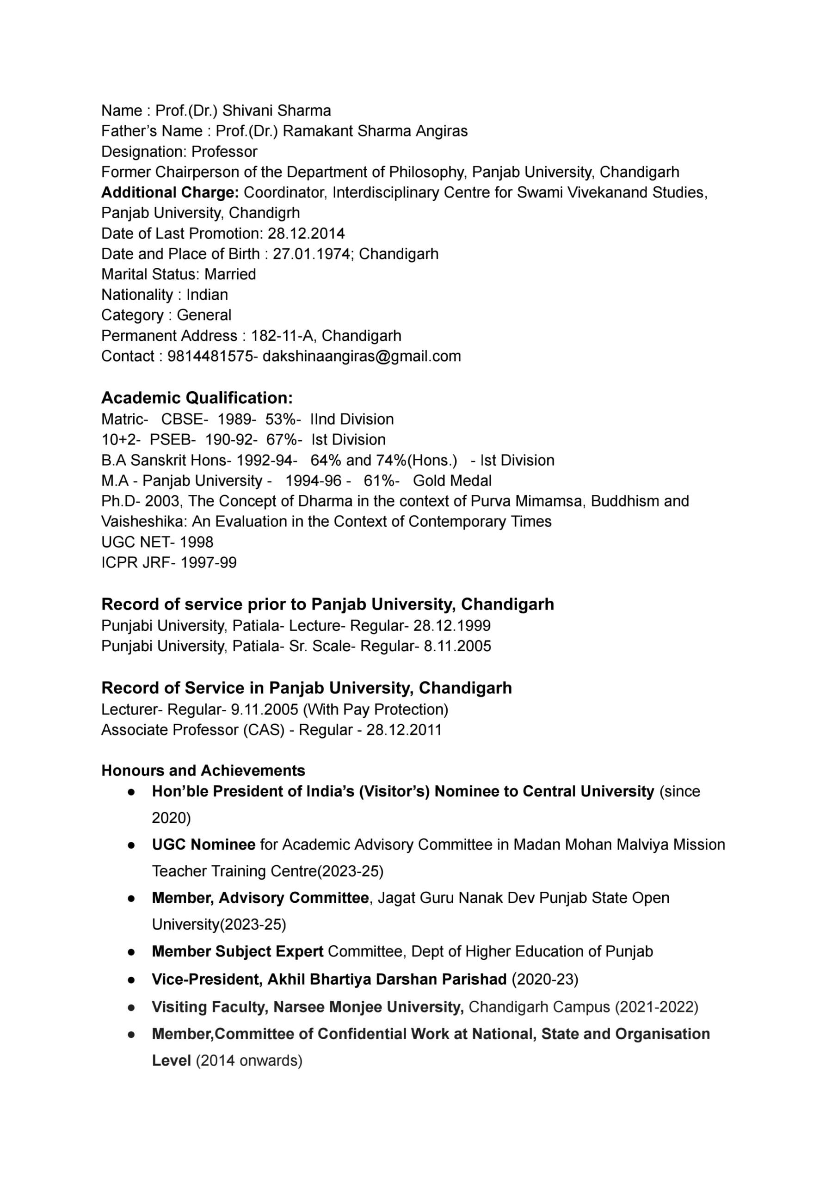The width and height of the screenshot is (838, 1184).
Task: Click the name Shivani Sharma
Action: point(277,111)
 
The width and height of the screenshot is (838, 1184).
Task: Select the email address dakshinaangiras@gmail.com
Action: point(361,356)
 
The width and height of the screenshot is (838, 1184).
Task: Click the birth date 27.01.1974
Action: point(311,254)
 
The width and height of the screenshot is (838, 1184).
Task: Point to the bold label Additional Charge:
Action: point(170,192)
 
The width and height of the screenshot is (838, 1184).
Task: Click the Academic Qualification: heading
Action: point(197,398)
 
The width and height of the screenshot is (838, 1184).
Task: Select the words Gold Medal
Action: point(452,481)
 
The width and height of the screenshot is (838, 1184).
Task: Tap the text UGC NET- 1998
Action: point(157,542)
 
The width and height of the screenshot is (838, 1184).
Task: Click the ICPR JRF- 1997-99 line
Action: point(169,562)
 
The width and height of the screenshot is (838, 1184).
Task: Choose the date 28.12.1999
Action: point(452,626)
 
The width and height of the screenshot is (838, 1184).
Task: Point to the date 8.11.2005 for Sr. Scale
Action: point(457,646)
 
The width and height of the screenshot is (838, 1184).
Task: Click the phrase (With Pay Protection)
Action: point(376,709)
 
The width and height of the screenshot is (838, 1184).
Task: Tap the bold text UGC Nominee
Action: point(203,845)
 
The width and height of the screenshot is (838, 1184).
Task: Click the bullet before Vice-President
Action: point(132,980)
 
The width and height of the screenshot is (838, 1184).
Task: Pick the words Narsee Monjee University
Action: point(368,1007)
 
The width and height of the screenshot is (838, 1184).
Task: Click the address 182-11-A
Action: point(282,336)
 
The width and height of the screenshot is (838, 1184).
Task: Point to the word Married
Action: point(230,274)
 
